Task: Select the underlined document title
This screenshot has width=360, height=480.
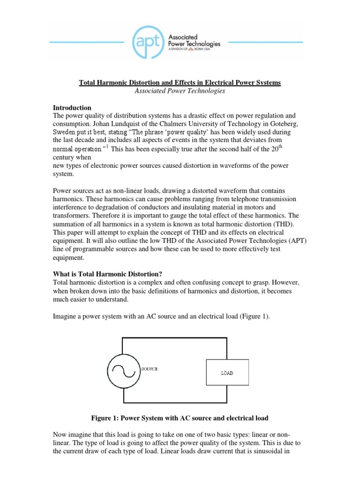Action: pos(180,82)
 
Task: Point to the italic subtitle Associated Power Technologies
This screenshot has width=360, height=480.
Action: pos(180,91)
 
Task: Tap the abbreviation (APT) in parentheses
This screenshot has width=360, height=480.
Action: pos(299,241)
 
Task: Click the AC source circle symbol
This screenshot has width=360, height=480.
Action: pos(123,370)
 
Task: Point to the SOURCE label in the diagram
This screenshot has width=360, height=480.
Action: pos(150,369)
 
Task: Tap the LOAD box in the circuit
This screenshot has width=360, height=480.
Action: pos(227,373)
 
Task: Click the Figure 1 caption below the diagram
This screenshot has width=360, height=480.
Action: pos(180,417)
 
